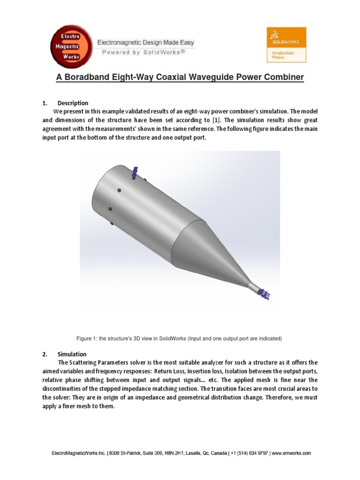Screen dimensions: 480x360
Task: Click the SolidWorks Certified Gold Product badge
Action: tap(286, 45)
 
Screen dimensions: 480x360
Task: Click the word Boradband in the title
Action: tap(90, 77)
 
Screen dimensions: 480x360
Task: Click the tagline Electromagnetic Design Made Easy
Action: tap(145, 43)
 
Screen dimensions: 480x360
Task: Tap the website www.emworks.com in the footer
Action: tap(292, 453)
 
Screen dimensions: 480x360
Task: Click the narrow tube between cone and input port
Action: tap(254, 286)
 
